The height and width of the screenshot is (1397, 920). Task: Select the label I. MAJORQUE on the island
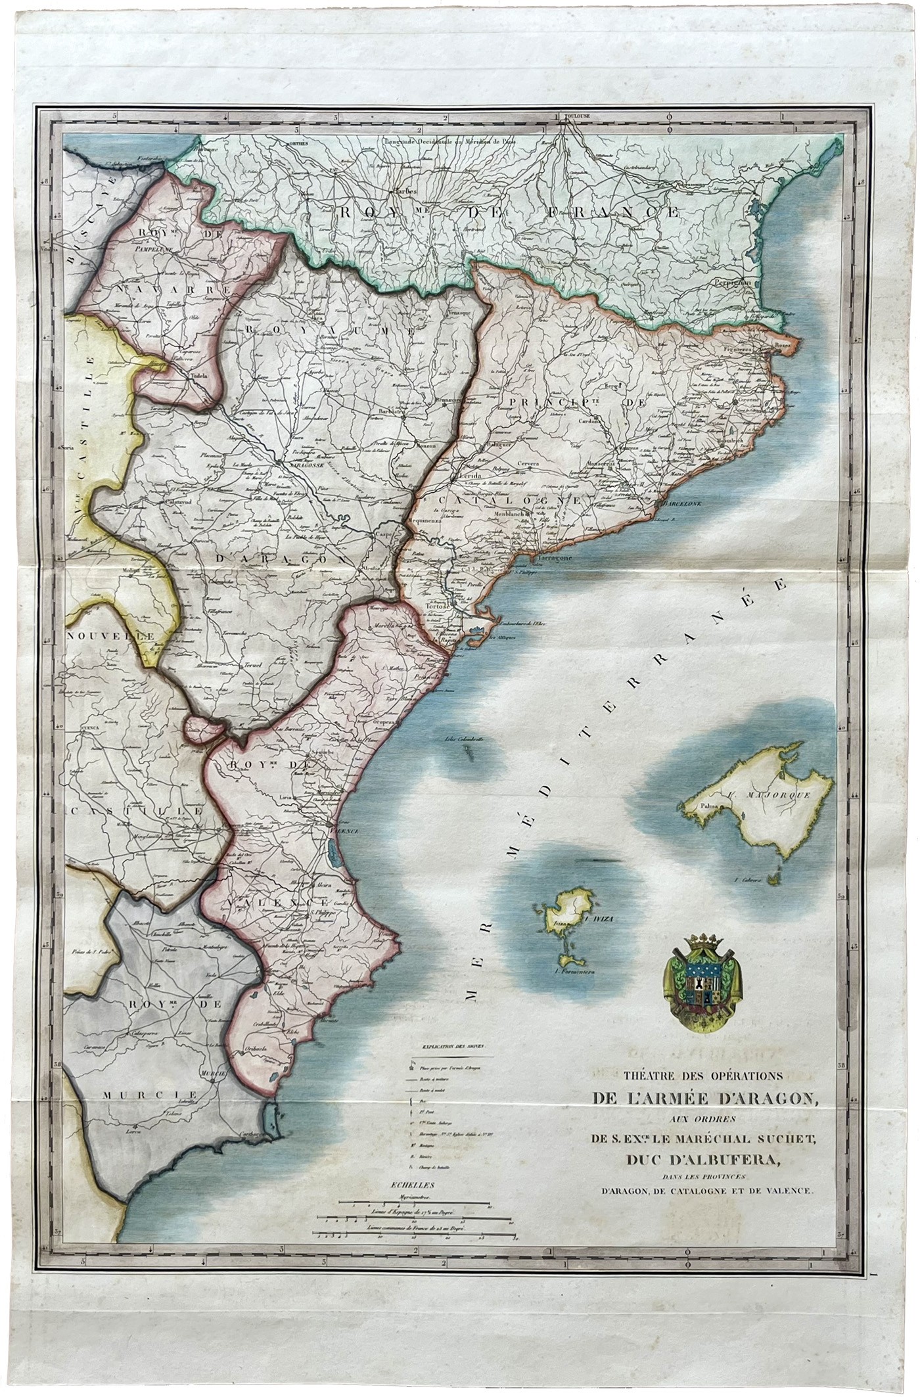pyautogui.click(x=780, y=793)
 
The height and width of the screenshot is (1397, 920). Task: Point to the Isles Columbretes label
pyautogui.click(x=465, y=739)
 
